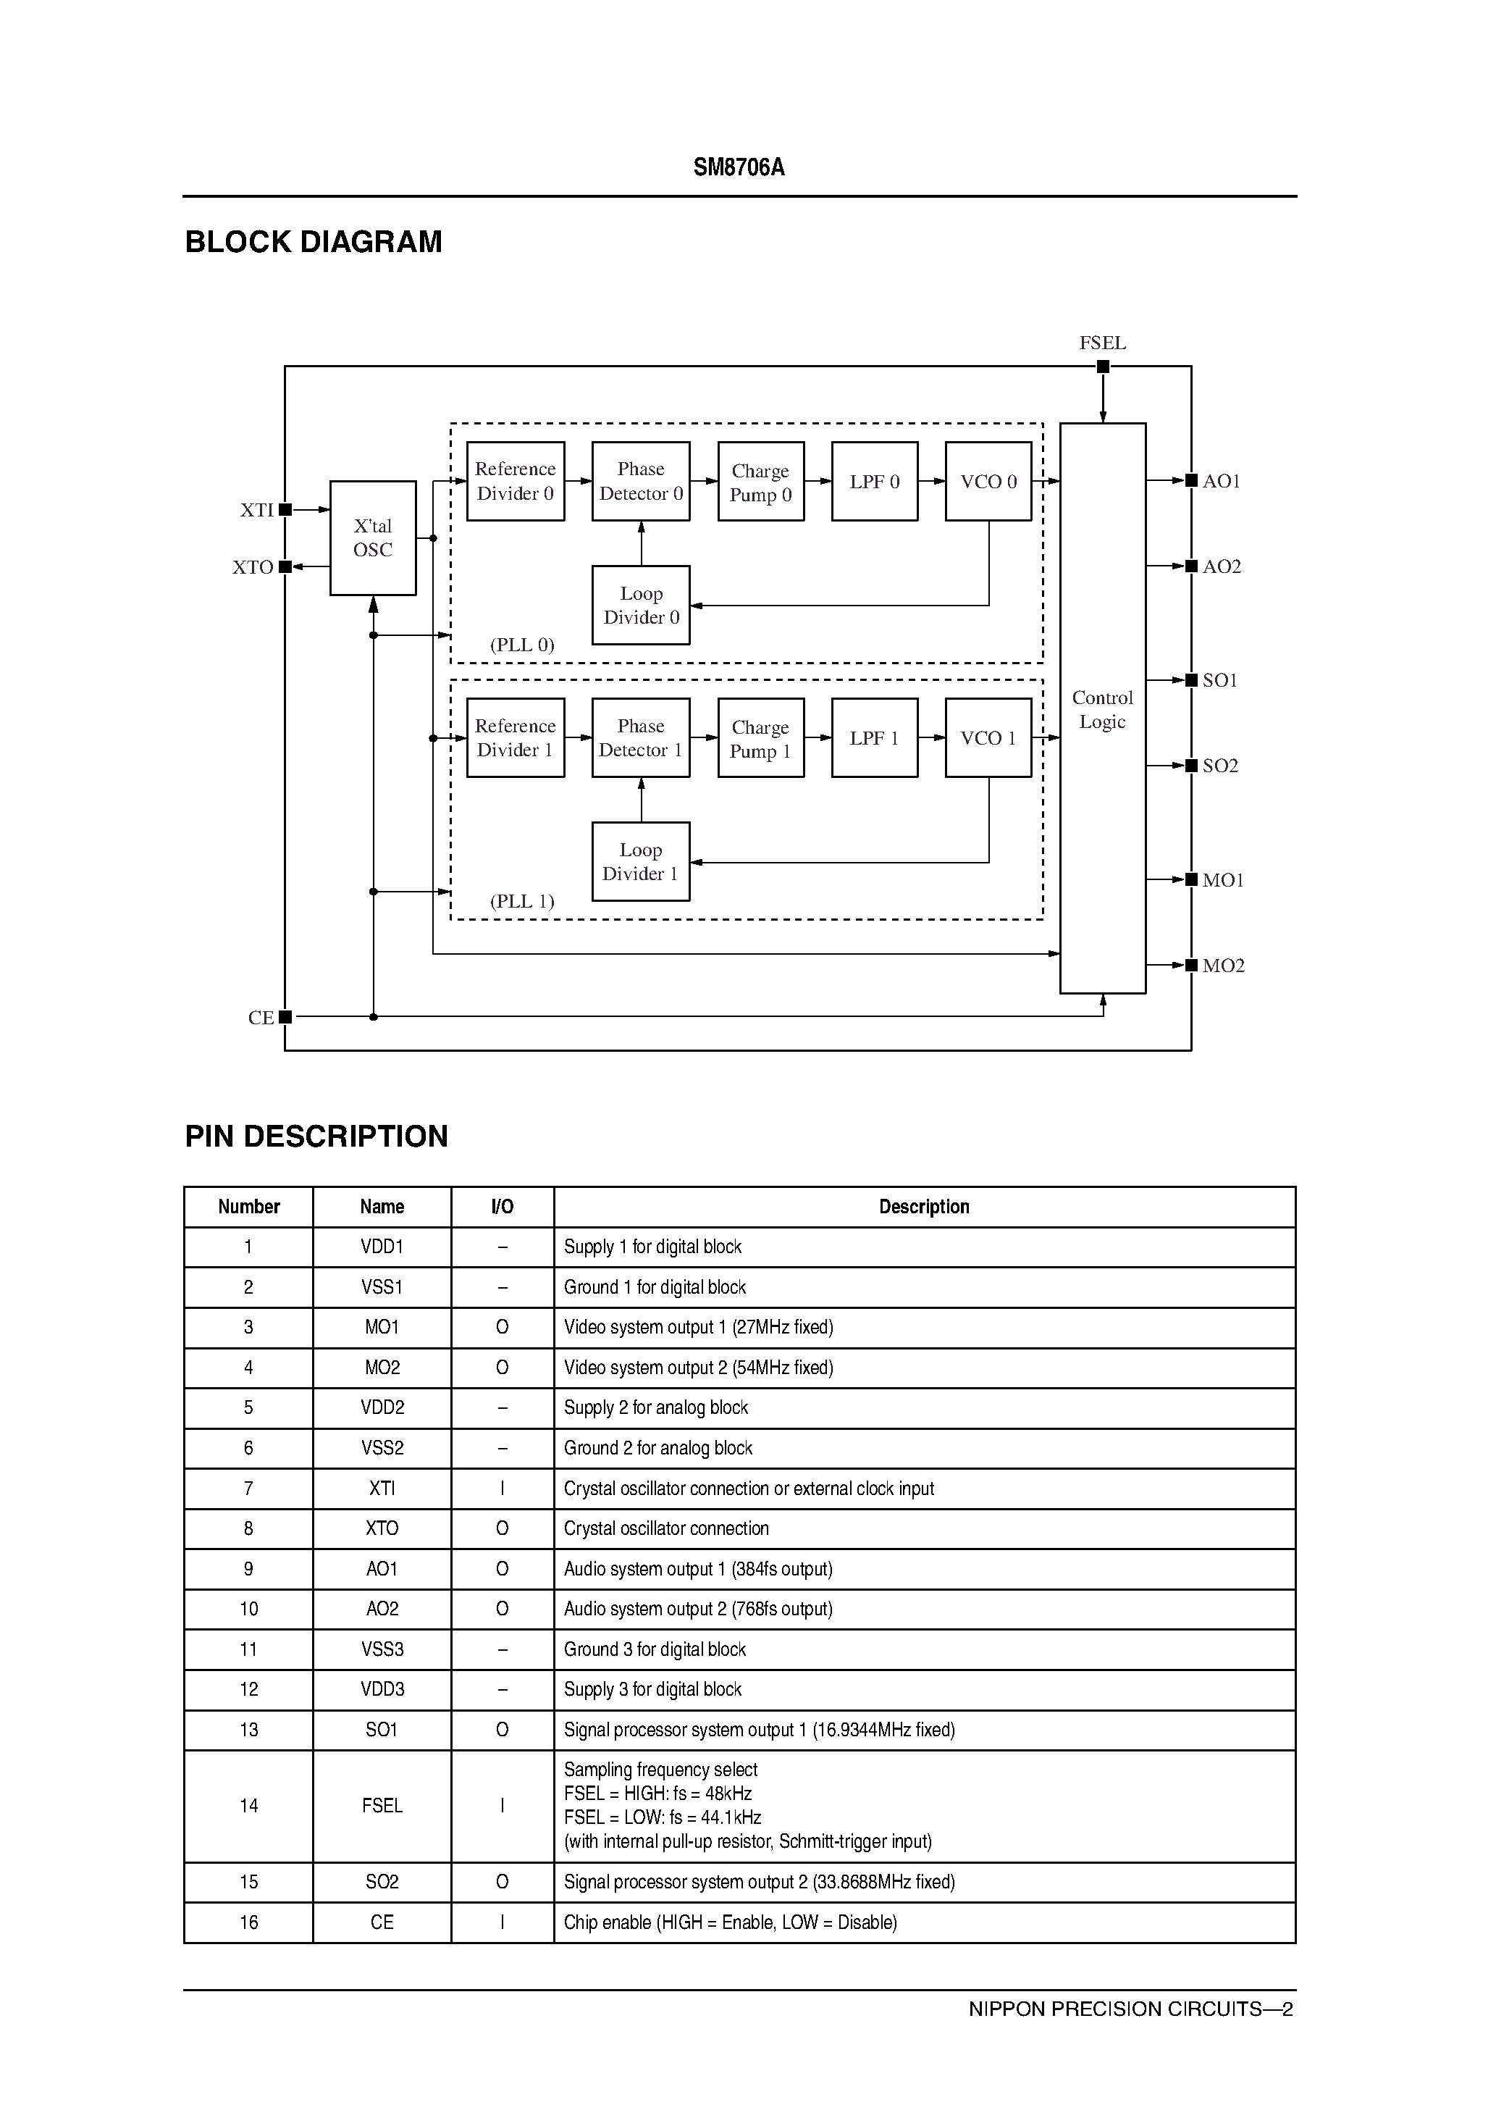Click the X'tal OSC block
(373, 537)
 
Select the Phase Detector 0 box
(640, 482)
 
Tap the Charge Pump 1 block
(760, 738)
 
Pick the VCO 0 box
(988, 482)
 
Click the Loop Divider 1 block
(640, 861)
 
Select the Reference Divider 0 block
(515, 482)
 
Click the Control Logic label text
(1102, 709)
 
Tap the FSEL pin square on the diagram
(1102, 367)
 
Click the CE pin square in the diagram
(285, 1016)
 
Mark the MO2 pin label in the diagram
(1223, 966)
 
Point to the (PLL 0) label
(522, 645)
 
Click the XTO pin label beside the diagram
(253, 567)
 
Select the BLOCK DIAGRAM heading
(314, 242)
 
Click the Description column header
(923, 1207)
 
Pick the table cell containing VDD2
(382, 1407)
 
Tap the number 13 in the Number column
(248, 1730)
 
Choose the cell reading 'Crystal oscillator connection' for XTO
(666, 1528)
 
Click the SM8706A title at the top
(739, 168)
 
